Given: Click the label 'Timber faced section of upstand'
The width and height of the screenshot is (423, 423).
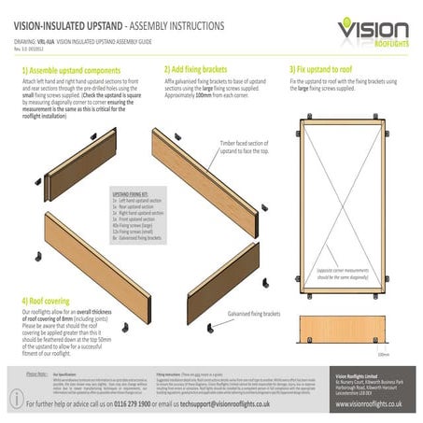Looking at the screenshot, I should [247, 146].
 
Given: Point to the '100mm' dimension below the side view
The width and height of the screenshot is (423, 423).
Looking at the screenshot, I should [383, 355].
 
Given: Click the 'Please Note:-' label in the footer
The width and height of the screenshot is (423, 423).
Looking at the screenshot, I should [36, 373].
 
